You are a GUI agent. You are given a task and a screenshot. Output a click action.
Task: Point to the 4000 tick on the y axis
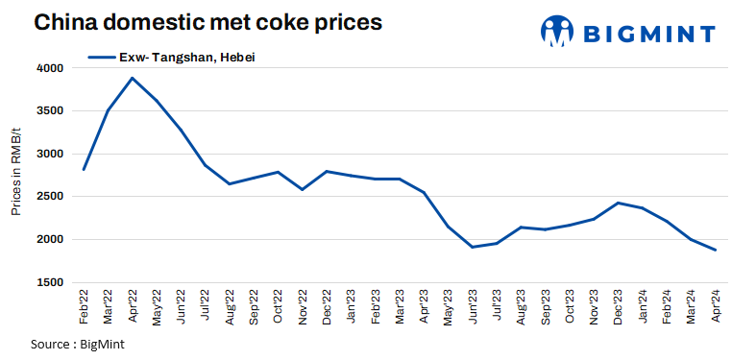50,69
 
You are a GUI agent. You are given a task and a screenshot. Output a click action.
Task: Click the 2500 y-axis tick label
50,197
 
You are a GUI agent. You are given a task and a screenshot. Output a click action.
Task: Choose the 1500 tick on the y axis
50,282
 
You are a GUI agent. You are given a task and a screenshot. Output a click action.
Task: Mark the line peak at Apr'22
133,78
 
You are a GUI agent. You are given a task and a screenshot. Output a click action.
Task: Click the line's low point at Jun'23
472,247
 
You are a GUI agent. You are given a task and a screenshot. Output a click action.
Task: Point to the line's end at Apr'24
715,250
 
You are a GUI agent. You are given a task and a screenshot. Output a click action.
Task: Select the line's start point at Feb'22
85,169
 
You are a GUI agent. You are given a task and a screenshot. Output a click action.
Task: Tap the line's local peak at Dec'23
618,203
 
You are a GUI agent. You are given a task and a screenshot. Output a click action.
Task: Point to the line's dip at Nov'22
303,189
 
